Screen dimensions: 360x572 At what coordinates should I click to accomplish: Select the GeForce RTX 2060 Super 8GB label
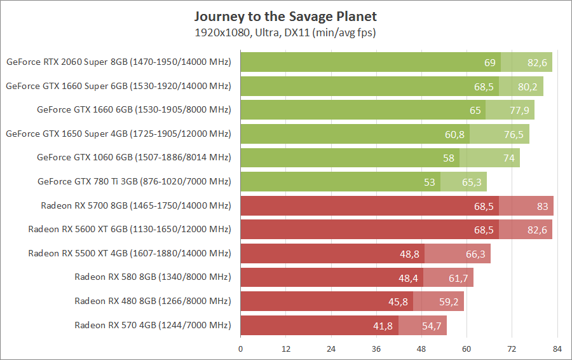118,62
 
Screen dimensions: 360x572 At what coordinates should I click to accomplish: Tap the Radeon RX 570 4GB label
153,325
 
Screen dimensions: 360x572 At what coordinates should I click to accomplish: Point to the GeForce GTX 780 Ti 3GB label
134,181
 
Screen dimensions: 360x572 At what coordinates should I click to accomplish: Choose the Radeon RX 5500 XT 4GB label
130,253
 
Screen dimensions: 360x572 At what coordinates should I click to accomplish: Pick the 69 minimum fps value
490,62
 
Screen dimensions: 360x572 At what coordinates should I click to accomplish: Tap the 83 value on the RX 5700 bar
542,205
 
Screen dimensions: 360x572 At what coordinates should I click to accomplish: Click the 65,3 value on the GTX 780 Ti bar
472,182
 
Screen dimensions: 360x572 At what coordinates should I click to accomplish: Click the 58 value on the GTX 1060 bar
449,158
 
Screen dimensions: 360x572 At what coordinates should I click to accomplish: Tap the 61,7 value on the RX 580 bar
458,277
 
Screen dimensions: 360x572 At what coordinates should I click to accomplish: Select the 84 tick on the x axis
557,349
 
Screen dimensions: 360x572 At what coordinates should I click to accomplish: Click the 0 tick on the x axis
240,349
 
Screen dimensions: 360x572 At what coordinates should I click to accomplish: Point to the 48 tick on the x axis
421,349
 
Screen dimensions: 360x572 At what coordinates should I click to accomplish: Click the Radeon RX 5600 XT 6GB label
130,229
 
